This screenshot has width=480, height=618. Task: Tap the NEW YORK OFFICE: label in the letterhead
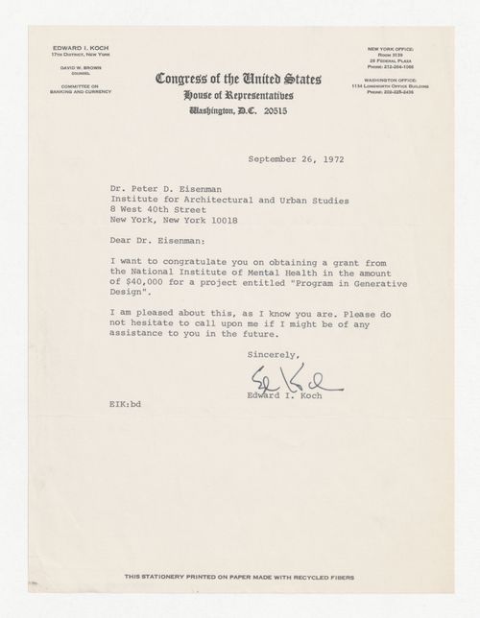coord(389,47)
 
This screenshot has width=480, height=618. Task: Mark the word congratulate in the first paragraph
coord(191,259)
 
